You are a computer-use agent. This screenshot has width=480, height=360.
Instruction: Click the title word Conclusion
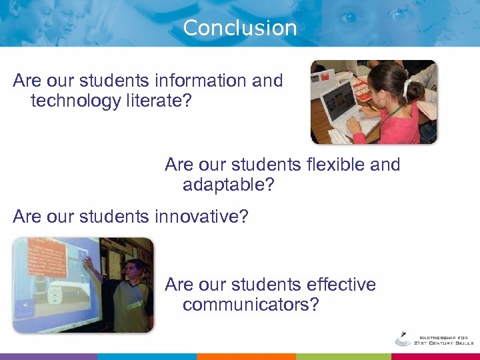239,28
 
